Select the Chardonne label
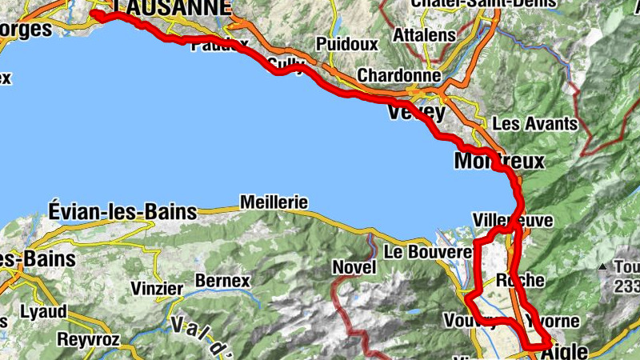[x=399, y=74]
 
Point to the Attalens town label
[x=426, y=35]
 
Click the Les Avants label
[x=534, y=124]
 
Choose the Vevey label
[x=415, y=113]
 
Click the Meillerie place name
[x=273, y=202]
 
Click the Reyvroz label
[x=88, y=339]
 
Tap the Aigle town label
[x=569, y=350]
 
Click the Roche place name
[x=520, y=281]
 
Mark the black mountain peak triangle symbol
[x=602, y=266]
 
